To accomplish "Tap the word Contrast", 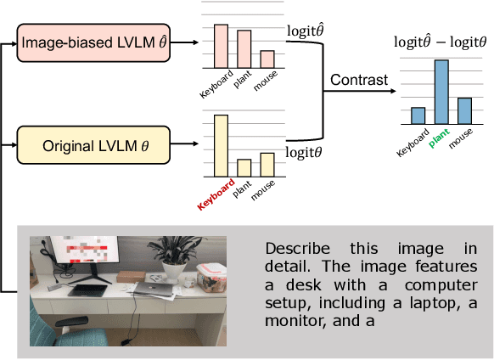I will tap(360, 81).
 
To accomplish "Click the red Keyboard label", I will tap(216, 194).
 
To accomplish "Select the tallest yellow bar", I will tap(221, 145).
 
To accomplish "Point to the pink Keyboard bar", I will tap(221, 46).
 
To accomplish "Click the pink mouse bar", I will tap(267, 59).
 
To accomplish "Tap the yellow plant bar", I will tap(244, 166).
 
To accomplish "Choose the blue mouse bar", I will tap(464, 110).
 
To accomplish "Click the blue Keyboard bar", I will tap(418, 115).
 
